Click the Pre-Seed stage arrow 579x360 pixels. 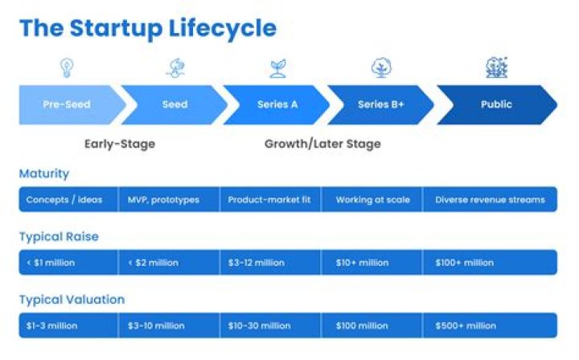(67, 104)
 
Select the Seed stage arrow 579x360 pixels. (175, 104)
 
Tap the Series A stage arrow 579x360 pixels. (277, 104)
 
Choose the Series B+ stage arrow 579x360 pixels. (381, 104)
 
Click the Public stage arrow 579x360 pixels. (496, 104)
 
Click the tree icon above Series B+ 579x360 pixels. (381, 67)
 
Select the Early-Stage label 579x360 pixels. (120, 145)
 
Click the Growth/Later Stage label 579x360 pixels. (322, 145)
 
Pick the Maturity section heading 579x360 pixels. (44, 174)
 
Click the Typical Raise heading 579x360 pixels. (59, 236)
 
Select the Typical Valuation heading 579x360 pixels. (72, 300)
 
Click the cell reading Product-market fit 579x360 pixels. (270, 199)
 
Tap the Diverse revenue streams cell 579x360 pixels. (490, 199)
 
